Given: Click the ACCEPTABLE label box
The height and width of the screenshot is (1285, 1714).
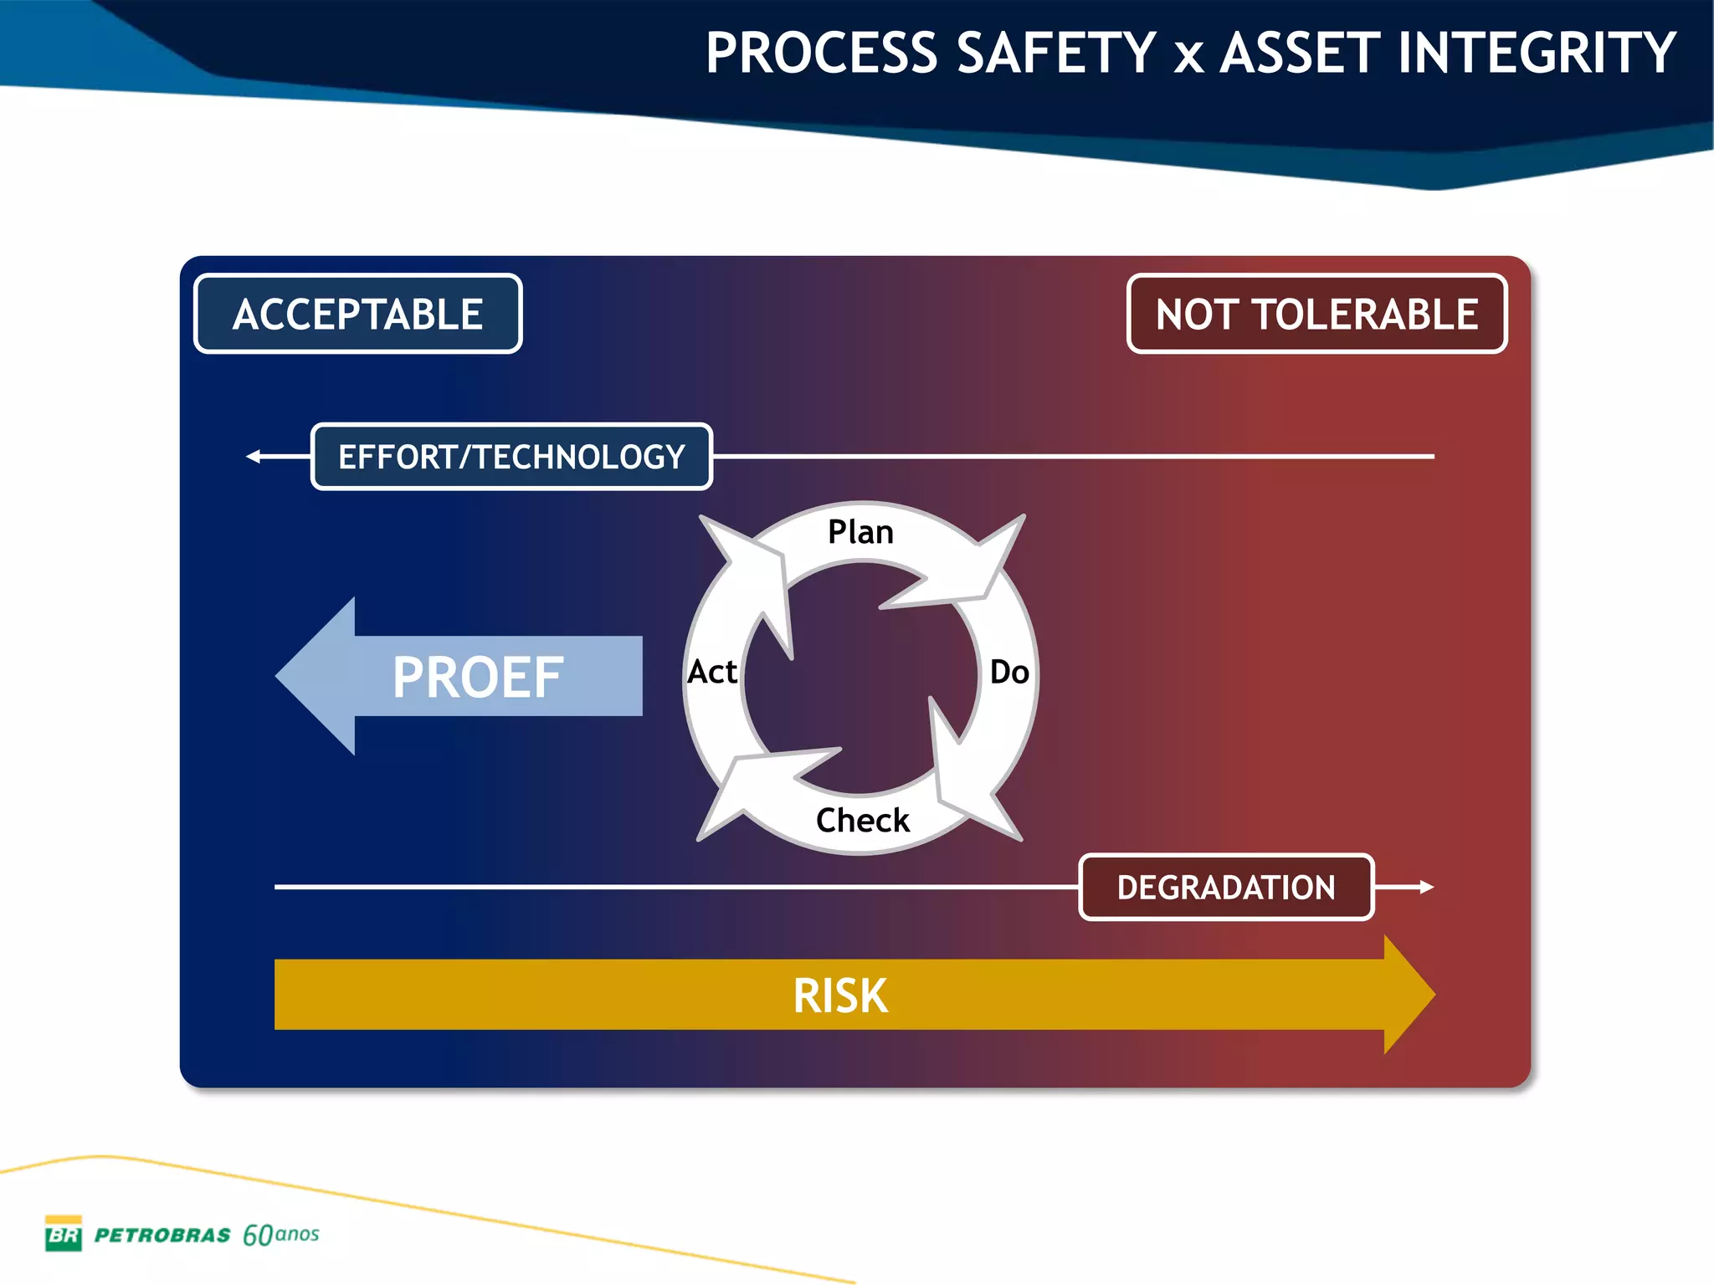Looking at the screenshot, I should pos(358,314).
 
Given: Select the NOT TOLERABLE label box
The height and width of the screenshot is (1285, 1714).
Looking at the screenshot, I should pos(1316,314).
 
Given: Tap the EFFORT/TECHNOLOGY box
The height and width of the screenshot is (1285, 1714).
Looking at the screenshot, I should pos(511,457).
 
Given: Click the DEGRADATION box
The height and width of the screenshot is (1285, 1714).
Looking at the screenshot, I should pos(1226,888).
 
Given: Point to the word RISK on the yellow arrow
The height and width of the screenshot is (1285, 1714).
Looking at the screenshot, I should pos(840,996).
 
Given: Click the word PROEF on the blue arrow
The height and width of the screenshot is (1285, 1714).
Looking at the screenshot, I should pos(478,677).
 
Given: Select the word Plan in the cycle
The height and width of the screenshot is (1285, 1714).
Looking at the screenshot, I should pos(860,532).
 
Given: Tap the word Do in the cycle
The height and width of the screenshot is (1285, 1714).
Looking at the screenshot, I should pos(1009,672).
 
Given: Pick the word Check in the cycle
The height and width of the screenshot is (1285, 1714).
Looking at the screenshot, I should pos(862,820).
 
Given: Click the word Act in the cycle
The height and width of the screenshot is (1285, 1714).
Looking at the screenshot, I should pos(712,672).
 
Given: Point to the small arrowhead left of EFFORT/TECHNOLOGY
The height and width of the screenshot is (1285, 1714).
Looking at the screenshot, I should pos(253,457).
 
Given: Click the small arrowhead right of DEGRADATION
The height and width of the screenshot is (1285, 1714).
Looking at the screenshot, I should pos(1427,887).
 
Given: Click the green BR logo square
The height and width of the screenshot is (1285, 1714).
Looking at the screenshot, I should pos(64,1234).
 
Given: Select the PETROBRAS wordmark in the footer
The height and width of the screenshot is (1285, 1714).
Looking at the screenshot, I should pos(162,1236).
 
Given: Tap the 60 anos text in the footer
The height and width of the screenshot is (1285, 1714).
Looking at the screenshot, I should pos(280,1235).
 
